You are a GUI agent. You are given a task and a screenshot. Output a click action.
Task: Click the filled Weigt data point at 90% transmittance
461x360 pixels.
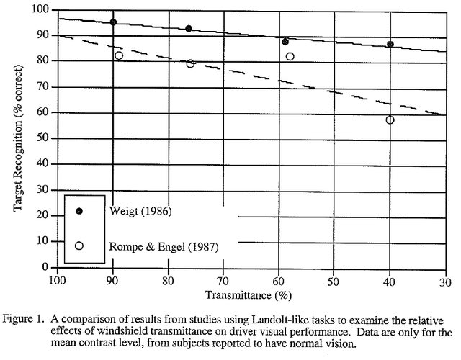[x=113, y=22]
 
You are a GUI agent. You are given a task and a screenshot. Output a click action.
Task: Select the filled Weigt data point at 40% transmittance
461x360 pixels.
[x=390, y=45]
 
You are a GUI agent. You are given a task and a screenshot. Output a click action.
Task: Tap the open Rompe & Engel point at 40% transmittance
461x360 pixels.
[x=390, y=120]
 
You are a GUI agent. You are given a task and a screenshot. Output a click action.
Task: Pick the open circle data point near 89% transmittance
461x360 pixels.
[x=119, y=55]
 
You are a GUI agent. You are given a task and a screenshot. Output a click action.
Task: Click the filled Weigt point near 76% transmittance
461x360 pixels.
[x=189, y=29]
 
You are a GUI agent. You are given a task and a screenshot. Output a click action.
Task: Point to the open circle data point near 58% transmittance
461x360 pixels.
[x=290, y=56]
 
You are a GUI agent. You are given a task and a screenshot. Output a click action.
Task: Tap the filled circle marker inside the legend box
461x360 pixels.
[x=79, y=211]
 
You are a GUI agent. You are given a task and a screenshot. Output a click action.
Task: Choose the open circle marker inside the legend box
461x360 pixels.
[x=79, y=246]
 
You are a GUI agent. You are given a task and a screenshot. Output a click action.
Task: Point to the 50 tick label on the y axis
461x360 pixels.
[x=43, y=138]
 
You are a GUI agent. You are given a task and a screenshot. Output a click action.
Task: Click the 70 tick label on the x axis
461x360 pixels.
[x=223, y=281]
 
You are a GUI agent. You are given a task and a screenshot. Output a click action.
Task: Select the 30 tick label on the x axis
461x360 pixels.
[x=445, y=281]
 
